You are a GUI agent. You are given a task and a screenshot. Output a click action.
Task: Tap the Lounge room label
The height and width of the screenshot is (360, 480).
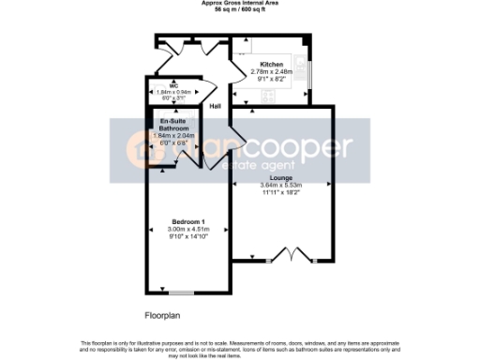[x=280, y=178]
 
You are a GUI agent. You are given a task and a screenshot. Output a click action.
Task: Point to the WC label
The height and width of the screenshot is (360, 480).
[x=160, y=86]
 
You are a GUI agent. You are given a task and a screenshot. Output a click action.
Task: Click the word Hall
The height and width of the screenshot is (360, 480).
[x=215, y=106]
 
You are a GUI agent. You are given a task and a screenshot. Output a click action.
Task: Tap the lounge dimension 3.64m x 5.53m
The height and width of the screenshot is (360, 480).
[x=280, y=185]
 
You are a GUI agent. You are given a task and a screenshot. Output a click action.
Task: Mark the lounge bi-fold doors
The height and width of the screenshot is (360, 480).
[x=292, y=253]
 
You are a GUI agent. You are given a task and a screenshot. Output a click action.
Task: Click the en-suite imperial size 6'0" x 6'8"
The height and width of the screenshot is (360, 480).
[x=170, y=143]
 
